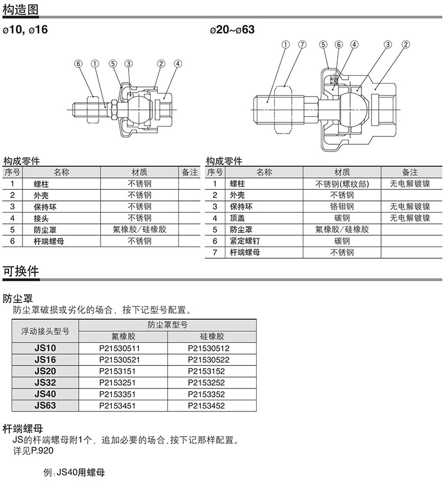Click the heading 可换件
(21, 271)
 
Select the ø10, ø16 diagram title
(25, 29)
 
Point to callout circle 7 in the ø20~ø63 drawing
(302, 44)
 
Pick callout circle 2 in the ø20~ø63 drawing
(405, 44)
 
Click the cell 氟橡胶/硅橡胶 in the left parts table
(139, 230)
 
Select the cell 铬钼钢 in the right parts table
(342, 207)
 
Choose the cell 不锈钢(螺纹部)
(342, 184)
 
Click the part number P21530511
(119, 348)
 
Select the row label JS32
(45, 382)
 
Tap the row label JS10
(45, 348)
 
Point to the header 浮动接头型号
(45, 331)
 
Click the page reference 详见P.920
(33, 451)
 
